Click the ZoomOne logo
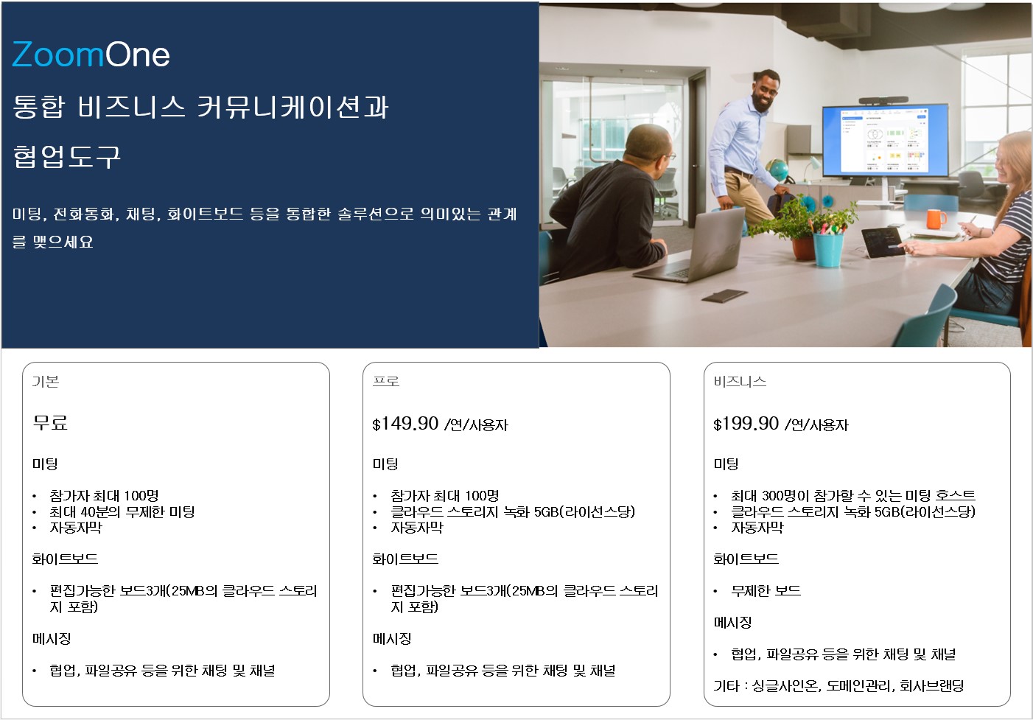click(x=91, y=55)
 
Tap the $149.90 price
click(x=405, y=424)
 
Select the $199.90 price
click(x=746, y=424)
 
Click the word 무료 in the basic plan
click(x=50, y=422)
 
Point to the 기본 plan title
click(x=45, y=382)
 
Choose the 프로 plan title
click(x=386, y=382)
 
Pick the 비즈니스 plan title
click(x=740, y=382)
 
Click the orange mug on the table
click(x=936, y=219)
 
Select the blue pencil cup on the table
click(x=828, y=249)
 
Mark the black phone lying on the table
click(x=724, y=296)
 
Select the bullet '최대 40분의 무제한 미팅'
click(x=122, y=512)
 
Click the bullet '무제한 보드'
click(x=766, y=591)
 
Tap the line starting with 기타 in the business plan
click(x=838, y=686)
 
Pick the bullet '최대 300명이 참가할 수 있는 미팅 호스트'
click(x=853, y=496)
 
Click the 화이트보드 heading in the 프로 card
click(x=405, y=559)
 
